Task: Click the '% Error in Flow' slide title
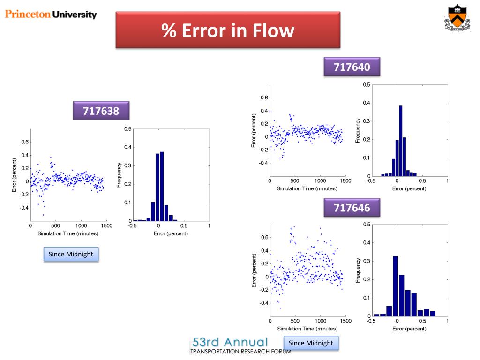point(228,30)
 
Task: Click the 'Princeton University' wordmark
point(51,14)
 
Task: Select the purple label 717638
point(101,111)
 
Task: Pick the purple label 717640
point(352,67)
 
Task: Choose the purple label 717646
point(352,207)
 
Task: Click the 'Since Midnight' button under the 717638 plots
point(71,254)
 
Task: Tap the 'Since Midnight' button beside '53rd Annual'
point(311,343)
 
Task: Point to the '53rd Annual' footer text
point(230,342)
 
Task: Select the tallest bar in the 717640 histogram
point(401,141)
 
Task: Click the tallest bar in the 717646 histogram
point(395,286)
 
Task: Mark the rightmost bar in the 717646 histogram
point(432,313)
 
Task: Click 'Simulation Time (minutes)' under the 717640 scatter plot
point(307,188)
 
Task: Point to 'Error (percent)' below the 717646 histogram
point(409,329)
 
